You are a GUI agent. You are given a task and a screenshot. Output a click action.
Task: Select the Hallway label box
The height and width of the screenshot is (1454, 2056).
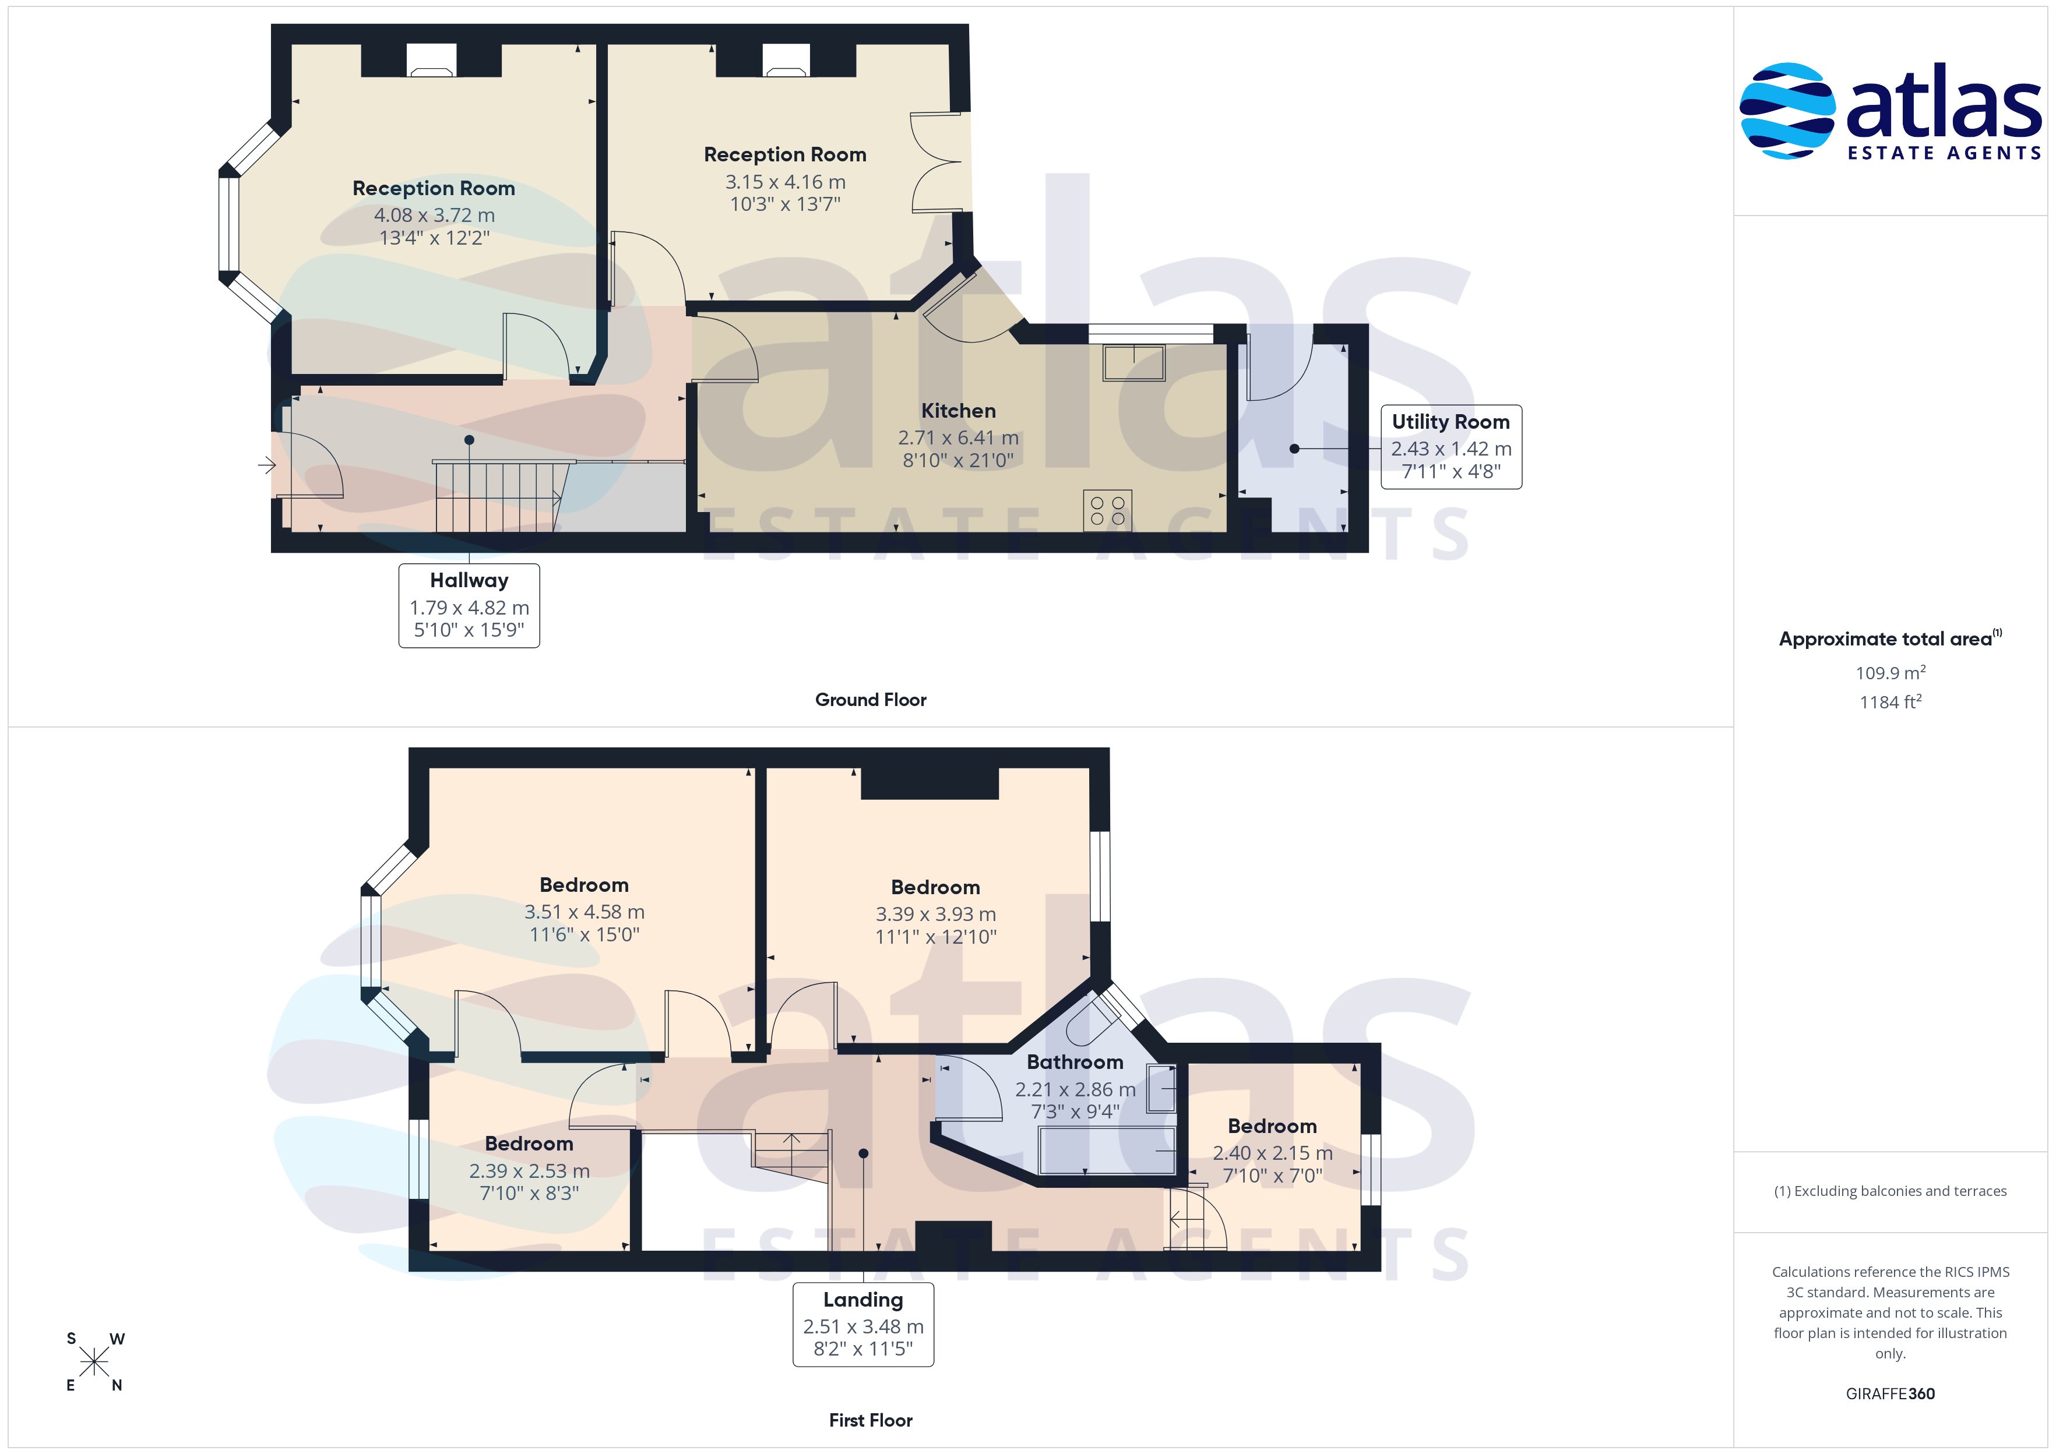tap(469, 605)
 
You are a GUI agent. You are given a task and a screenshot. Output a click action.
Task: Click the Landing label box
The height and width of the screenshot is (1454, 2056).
tap(863, 1324)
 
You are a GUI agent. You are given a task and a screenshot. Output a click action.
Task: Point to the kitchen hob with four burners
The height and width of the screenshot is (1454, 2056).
tap(1108, 510)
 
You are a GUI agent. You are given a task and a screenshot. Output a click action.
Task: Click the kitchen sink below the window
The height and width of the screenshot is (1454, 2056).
tap(1133, 362)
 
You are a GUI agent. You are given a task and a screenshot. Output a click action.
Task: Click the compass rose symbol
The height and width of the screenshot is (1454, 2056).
tap(94, 1362)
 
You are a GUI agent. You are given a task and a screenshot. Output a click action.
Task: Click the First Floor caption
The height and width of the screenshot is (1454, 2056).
tap(871, 1420)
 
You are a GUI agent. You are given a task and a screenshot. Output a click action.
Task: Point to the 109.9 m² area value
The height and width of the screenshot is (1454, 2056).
tap(1890, 672)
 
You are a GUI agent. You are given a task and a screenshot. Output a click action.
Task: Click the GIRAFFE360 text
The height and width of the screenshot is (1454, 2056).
tap(1890, 1393)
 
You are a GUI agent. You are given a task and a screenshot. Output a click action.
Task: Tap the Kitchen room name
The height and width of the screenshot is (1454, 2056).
tap(958, 410)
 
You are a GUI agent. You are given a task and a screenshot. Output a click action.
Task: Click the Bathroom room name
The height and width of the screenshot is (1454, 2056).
tap(1075, 1062)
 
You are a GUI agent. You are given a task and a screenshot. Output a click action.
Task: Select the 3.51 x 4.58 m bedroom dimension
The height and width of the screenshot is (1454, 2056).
tap(584, 912)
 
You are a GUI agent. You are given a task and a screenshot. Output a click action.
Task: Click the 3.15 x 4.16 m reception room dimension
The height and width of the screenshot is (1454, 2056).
tap(786, 182)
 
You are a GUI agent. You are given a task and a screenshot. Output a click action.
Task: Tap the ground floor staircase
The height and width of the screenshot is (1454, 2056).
tap(501, 495)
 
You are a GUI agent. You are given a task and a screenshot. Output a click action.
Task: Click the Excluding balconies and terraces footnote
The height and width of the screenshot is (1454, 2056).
tap(1890, 1191)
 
